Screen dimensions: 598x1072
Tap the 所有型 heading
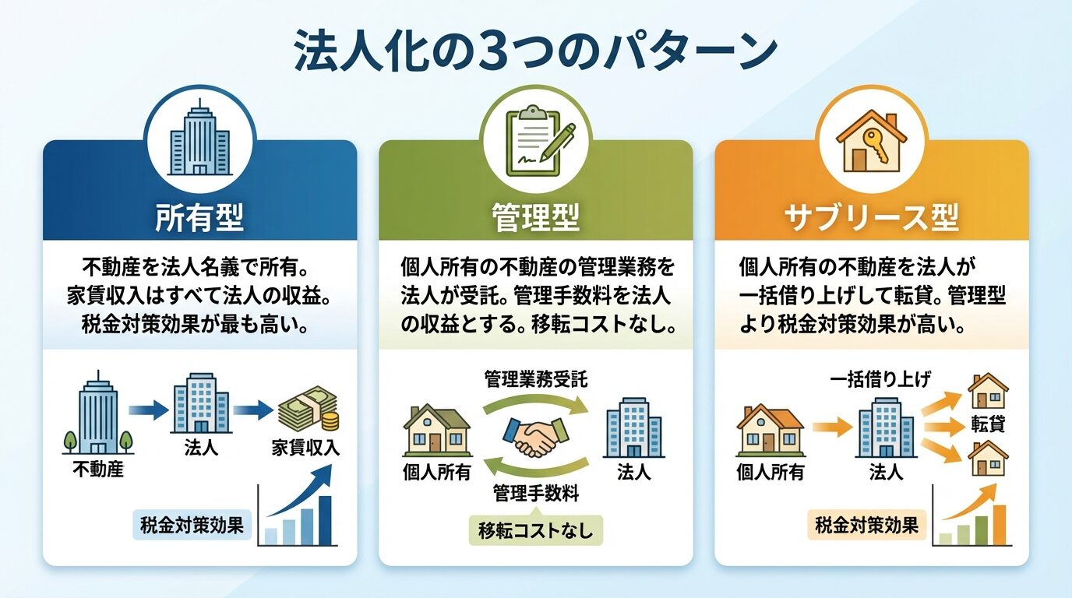click(x=199, y=217)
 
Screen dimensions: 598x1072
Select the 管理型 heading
click(x=536, y=217)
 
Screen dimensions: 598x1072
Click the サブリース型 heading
click(x=871, y=217)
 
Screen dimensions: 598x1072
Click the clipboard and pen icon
click(x=536, y=140)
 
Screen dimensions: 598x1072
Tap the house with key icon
click(x=871, y=140)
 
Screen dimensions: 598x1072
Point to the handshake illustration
click(x=535, y=438)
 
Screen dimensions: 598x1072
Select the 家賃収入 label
click(x=305, y=449)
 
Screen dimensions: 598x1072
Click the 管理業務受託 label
click(x=536, y=380)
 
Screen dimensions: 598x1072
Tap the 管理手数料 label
click(x=535, y=493)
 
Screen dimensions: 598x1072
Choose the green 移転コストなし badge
click(x=536, y=532)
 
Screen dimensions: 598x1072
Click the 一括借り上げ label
click(x=881, y=379)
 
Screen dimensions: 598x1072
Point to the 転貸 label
click(x=987, y=424)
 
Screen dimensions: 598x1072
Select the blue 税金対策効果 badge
click(x=192, y=524)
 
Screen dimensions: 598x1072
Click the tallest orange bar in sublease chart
click(x=999, y=524)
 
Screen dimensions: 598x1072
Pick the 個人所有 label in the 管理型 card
click(x=436, y=472)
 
